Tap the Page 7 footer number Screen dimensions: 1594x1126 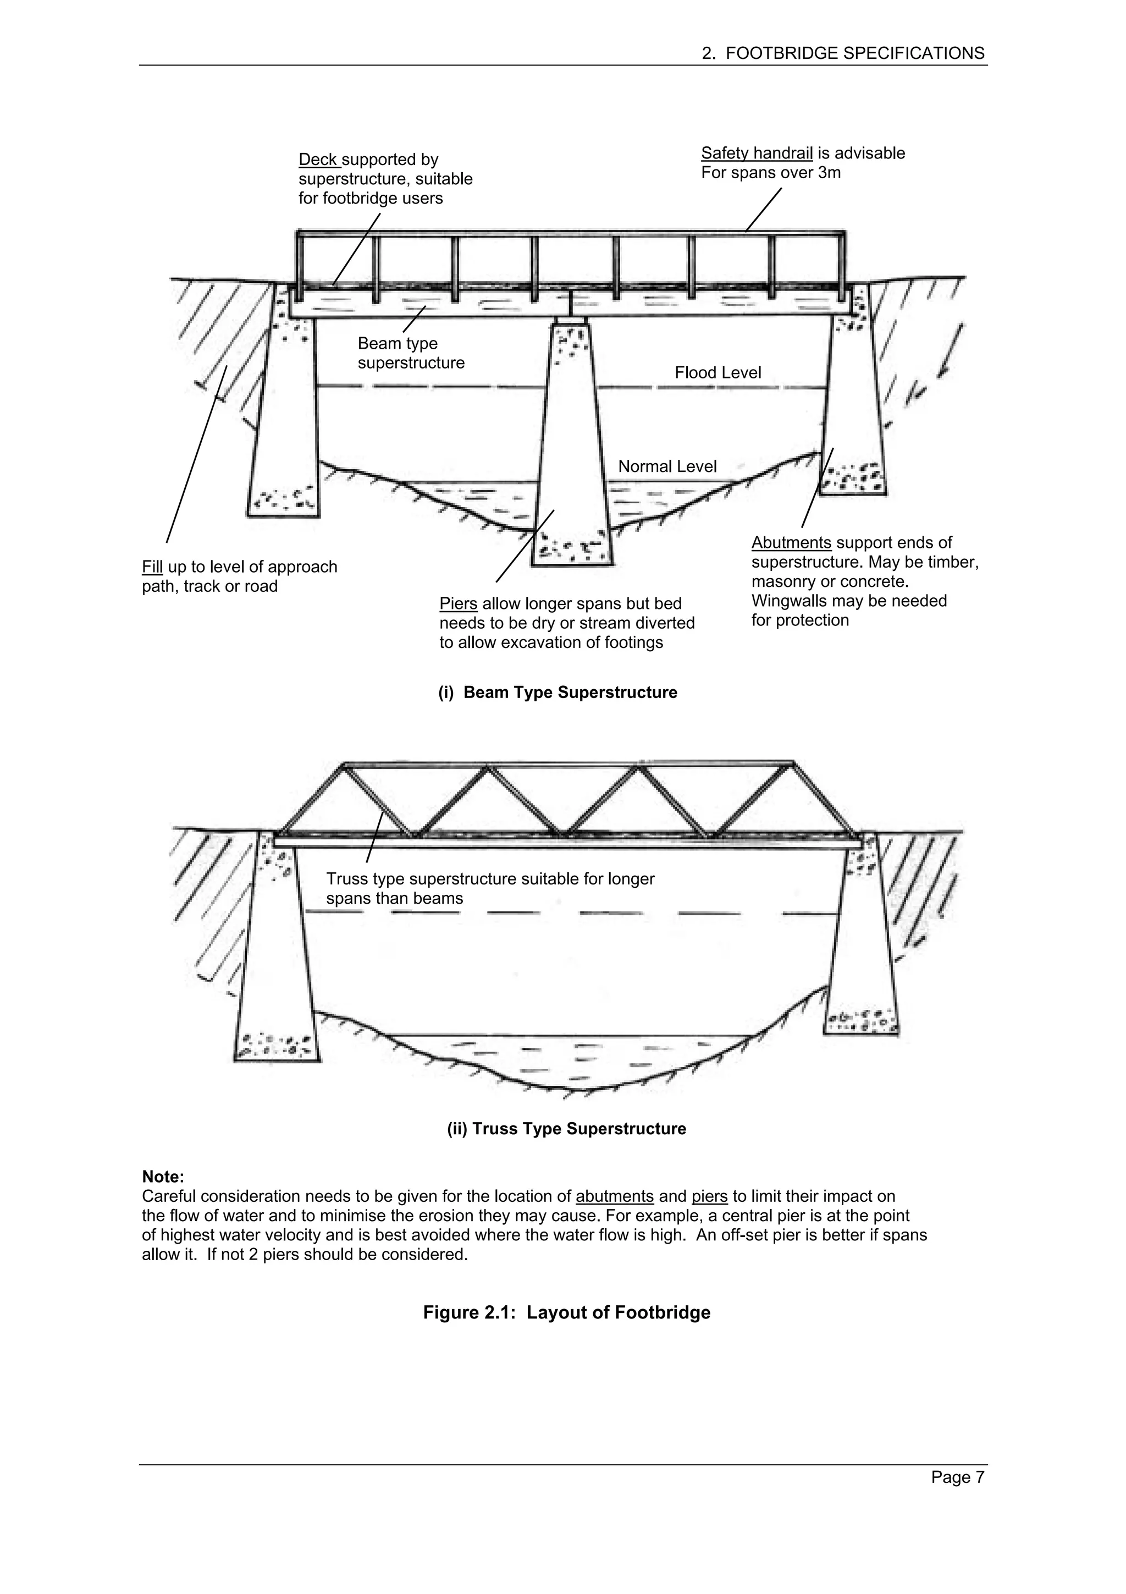pyautogui.click(x=957, y=1496)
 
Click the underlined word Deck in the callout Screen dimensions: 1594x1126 pyautogui.click(x=318, y=160)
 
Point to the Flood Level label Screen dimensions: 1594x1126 pyautogui.click(x=717, y=373)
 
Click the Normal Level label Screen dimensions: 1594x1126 pyautogui.click(x=667, y=466)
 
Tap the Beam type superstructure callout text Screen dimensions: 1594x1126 pyautogui.click(x=410, y=353)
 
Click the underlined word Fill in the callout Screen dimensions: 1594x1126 pyautogui.click(x=152, y=567)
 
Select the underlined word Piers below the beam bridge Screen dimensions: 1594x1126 pyautogui.click(x=458, y=604)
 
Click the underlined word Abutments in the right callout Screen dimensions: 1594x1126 pyautogui.click(x=791, y=543)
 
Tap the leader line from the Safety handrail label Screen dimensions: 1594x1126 pyautogui.click(x=763, y=209)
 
